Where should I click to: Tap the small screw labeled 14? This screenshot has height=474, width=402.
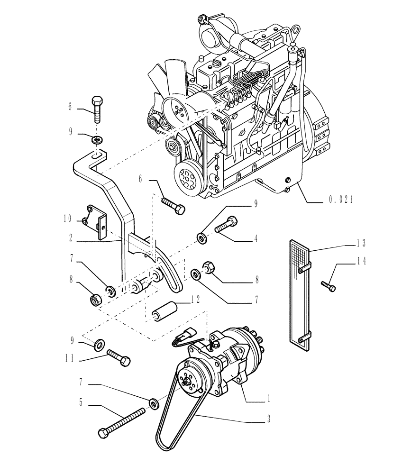pos(328,285)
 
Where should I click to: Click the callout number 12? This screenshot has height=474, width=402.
pos(195,300)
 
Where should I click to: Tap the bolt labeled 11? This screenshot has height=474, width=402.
pos(119,358)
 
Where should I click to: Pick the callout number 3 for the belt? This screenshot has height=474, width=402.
pos(268,419)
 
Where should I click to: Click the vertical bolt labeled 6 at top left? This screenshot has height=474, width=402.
pos(96,110)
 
